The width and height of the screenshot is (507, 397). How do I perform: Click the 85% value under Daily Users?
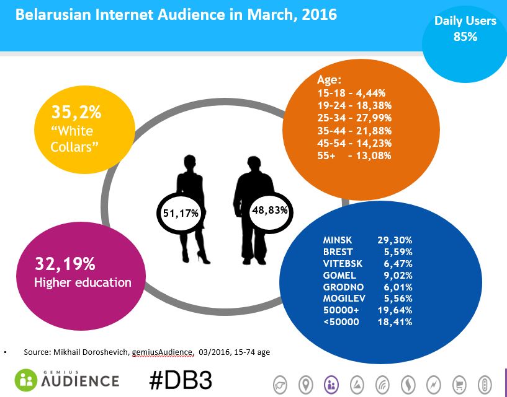click(x=465, y=37)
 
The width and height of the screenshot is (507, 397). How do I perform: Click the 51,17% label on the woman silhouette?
click(x=181, y=213)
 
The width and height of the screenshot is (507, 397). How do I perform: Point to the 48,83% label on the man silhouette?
click(x=270, y=210)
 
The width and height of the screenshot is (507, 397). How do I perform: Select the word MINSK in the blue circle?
click(x=337, y=238)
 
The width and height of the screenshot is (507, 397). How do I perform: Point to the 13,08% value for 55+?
click(x=370, y=155)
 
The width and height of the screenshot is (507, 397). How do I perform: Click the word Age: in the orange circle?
click(x=330, y=79)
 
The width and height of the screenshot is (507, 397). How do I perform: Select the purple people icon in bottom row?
click(x=331, y=385)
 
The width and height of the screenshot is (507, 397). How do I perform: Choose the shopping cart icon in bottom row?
click(x=459, y=385)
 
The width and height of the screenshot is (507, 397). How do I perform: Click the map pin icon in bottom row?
click(x=305, y=385)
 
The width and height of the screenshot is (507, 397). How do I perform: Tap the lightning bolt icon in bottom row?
click(x=433, y=385)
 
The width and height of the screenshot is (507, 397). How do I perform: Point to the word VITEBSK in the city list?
click(x=342, y=263)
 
